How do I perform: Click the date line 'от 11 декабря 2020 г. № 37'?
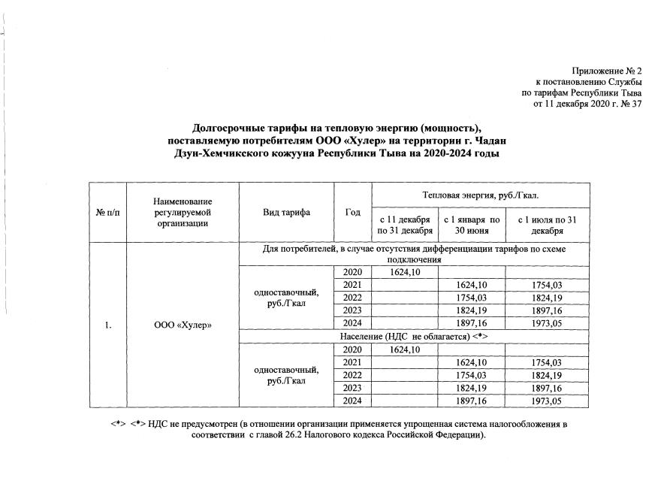point(587,104)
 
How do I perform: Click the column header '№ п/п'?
point(107,213)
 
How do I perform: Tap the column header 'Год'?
point(352,213)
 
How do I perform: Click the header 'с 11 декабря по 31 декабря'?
point(404,224)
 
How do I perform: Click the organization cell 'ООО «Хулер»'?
point(183,325)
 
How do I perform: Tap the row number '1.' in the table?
point(107,325)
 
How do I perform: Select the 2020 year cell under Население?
point(352,350)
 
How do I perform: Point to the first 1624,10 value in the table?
point(404,272)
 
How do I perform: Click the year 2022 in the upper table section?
point(352,298)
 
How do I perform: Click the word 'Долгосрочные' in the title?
point(224,128)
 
